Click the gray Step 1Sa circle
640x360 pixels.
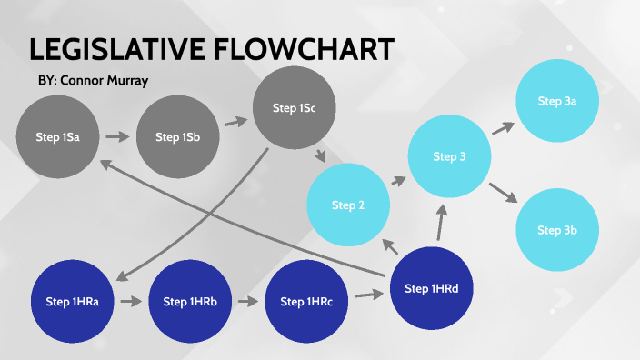[56, 137]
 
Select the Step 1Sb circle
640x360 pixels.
[177, 137]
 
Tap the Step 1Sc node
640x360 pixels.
[294, 108]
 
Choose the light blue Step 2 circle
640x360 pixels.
[348, 205]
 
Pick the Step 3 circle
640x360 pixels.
[449, 157]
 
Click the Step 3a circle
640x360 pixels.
[557, 102]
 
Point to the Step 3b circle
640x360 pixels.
[557, 229]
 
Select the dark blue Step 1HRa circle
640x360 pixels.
[72, 302]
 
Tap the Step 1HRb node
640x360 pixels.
[188, 302]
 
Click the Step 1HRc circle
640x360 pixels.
[306, 302]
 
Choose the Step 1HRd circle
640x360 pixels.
[430, 288]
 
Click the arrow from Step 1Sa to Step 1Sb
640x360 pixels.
[116, 137]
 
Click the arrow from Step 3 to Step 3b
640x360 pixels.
[502, 193]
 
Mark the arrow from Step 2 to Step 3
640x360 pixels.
[398, 181]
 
